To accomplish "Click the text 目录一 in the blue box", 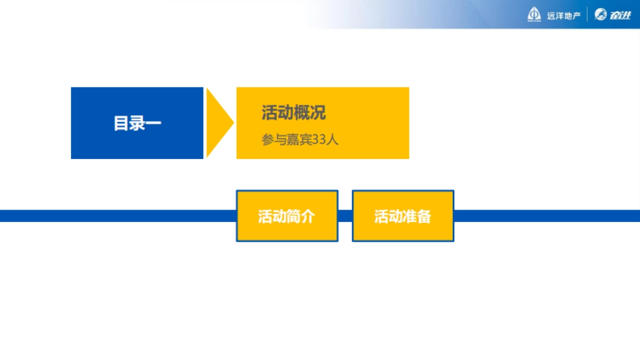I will (x=137, y=123).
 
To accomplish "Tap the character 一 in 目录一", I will (x=154, y=123).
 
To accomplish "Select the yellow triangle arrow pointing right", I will (x=218, y=123).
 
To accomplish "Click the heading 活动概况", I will (x=293, y=113).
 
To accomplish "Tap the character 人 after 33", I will (x=333, y=140).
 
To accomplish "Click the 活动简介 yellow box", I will (x=287, y=216).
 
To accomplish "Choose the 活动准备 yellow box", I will (x=403, y=216).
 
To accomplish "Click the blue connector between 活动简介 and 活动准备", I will (x=345, y=216).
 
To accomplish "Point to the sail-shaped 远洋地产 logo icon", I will (x=534, y=15).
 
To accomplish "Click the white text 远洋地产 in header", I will (x=563, y=16).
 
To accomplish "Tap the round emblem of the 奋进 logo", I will (x=600, y=15).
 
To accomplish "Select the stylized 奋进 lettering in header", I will (x=619, y=15).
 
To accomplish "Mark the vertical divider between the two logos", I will (x=587, y=15).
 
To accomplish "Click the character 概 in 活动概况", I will (x=301, y=113).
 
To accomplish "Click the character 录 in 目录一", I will (x=137, y=123).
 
